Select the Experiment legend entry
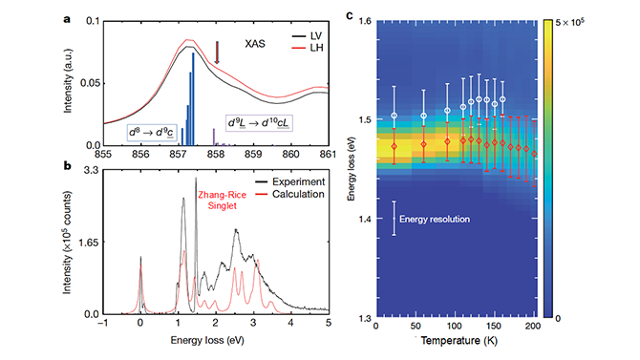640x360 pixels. click(x=288, y=180)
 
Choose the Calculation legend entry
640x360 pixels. click(x=288, y=194)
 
